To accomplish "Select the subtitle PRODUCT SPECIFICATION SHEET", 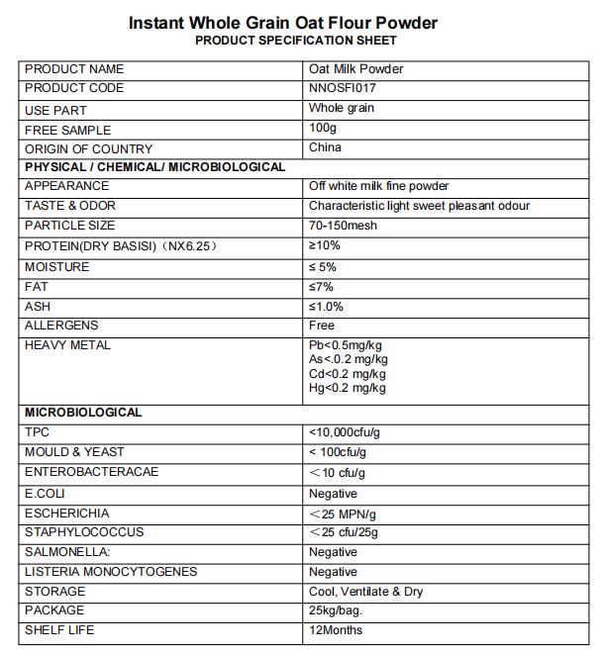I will (296, 41).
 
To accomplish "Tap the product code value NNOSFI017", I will (342, 88).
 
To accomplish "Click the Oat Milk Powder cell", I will (355, 69).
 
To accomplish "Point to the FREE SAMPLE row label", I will (67, 130).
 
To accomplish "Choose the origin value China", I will (325, 147).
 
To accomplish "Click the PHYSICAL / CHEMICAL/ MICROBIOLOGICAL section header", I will (154, 167).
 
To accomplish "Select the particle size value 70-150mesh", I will (343, 226).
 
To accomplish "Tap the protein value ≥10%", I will (324, 245).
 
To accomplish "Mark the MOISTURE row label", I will (56, 267).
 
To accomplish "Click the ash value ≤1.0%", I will (327, 307).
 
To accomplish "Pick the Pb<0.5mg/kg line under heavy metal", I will (346, 345).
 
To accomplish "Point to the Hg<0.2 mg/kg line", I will (347, 388).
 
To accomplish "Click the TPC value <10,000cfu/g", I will (346, 432).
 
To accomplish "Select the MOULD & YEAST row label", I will (74, 452).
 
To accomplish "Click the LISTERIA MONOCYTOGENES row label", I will (111, 572).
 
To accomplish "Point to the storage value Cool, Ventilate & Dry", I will (365, 592).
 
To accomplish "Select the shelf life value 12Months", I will (336, 630).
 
